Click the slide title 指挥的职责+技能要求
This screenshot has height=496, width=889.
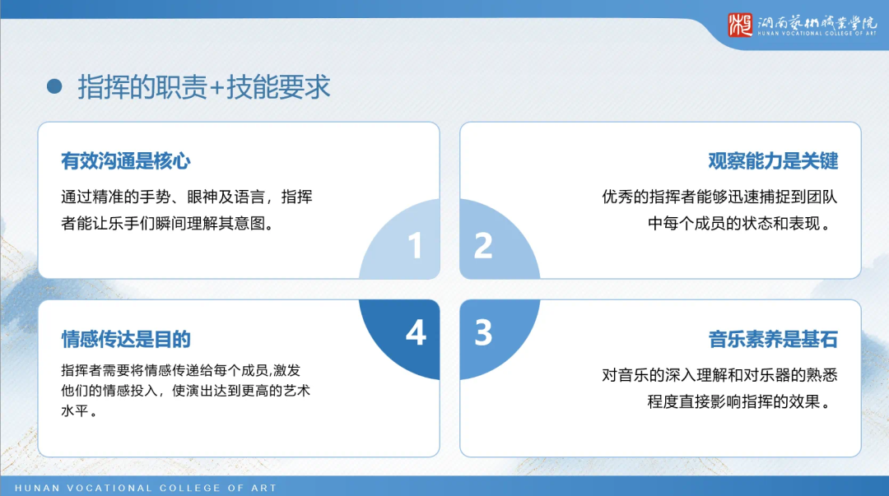204,86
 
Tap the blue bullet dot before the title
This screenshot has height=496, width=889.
55,86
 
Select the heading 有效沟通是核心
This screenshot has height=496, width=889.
126,160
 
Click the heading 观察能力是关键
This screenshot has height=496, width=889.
773,160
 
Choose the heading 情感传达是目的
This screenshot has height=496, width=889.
126,339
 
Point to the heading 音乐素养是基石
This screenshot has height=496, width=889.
773,339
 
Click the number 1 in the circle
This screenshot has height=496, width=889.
415,245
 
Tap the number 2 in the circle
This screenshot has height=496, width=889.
483,245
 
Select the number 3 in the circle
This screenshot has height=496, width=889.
483,332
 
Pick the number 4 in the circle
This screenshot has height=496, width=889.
415,332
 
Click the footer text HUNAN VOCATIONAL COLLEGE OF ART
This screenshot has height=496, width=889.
146,488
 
